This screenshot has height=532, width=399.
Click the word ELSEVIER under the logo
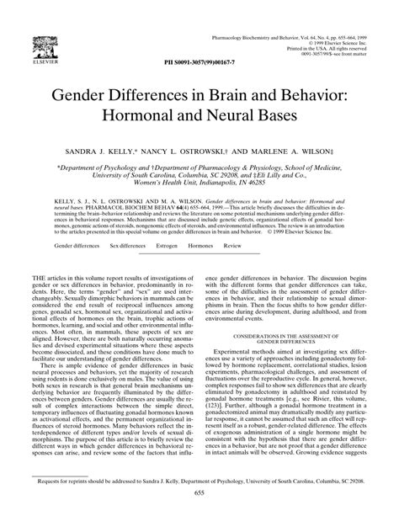click(x=39, y=62)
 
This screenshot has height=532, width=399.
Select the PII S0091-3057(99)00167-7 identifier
click(x=199, y=63)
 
